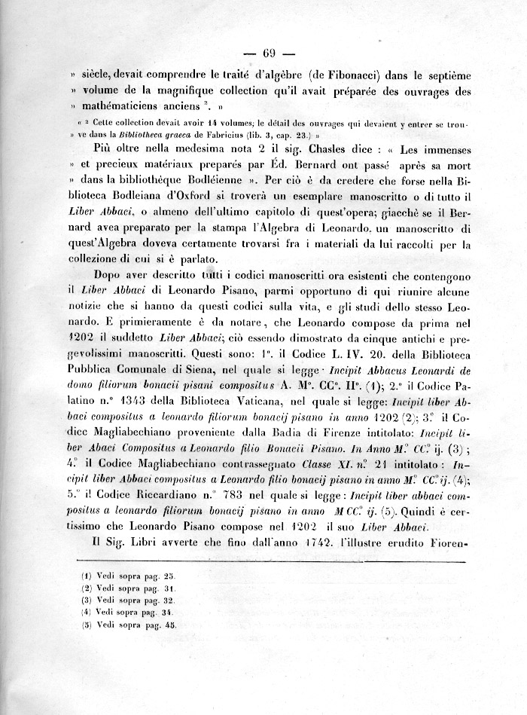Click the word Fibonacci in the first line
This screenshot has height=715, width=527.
tap(345, 76)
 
